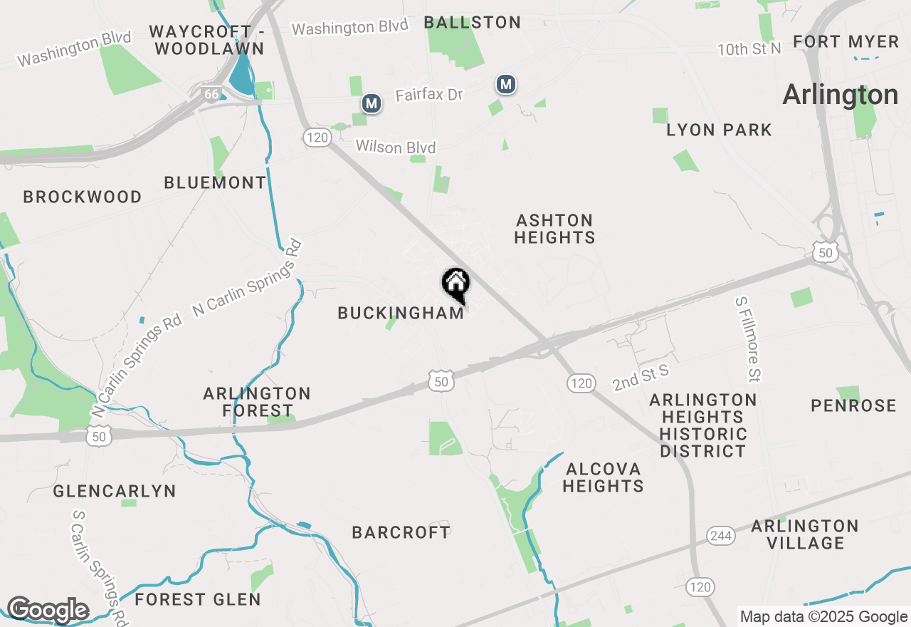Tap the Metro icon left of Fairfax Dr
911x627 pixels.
point(371,103)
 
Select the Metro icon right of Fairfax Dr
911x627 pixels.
point(506,85)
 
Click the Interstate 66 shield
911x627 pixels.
point(211,93)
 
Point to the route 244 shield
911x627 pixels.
point(720,536)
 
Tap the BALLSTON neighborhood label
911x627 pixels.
point(473,23)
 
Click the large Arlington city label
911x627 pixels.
point(841,95)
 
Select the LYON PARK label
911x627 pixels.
point(719,130)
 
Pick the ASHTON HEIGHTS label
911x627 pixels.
point(554,229)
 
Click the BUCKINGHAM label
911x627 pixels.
point(401,313)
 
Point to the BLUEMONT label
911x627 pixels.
point(215,182)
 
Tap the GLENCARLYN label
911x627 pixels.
point(115,491)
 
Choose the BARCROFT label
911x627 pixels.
point(401,532)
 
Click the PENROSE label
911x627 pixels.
point(853,405)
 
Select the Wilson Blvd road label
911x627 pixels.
point(396,147)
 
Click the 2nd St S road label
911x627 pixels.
point(641,377)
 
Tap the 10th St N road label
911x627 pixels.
point(749,49)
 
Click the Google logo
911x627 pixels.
point(48,610)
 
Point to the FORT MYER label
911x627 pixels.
point(846,42)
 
